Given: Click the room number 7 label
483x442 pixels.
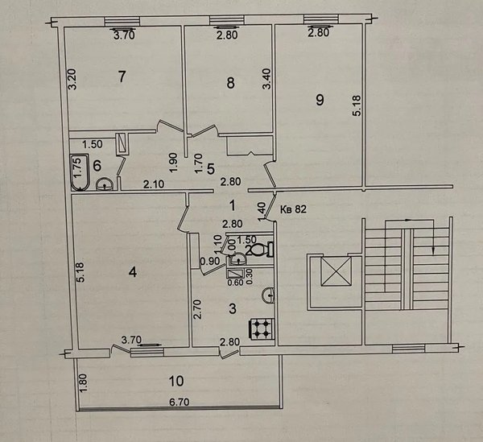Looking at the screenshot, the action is [122, 76].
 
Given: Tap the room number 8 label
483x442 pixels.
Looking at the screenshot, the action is [230, 83].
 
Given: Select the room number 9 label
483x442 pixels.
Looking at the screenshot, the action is [320, 100].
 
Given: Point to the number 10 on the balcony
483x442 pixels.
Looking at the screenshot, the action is [176, 381].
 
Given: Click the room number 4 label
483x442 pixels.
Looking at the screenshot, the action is [133, 272].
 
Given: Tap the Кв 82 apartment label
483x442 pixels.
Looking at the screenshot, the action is [293, 209].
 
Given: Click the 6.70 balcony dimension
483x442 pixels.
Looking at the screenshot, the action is [180, 403].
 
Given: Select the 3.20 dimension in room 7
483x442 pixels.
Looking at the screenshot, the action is [72, 79].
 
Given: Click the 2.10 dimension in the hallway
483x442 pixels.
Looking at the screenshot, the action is [154, 184].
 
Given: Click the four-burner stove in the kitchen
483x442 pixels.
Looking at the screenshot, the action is [262, 329].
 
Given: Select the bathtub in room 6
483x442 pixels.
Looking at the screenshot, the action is [80, 171].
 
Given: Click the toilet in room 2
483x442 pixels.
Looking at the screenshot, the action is [260, 250].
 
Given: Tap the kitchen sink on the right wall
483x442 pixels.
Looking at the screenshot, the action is [268, 295].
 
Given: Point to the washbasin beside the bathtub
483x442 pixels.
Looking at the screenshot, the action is [105, 184].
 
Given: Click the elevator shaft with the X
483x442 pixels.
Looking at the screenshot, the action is [336, 272].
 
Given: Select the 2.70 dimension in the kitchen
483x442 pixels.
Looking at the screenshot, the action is [197, 309].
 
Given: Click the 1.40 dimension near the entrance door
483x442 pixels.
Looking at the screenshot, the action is [262, 211].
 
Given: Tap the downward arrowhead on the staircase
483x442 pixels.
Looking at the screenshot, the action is [433, 251].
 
